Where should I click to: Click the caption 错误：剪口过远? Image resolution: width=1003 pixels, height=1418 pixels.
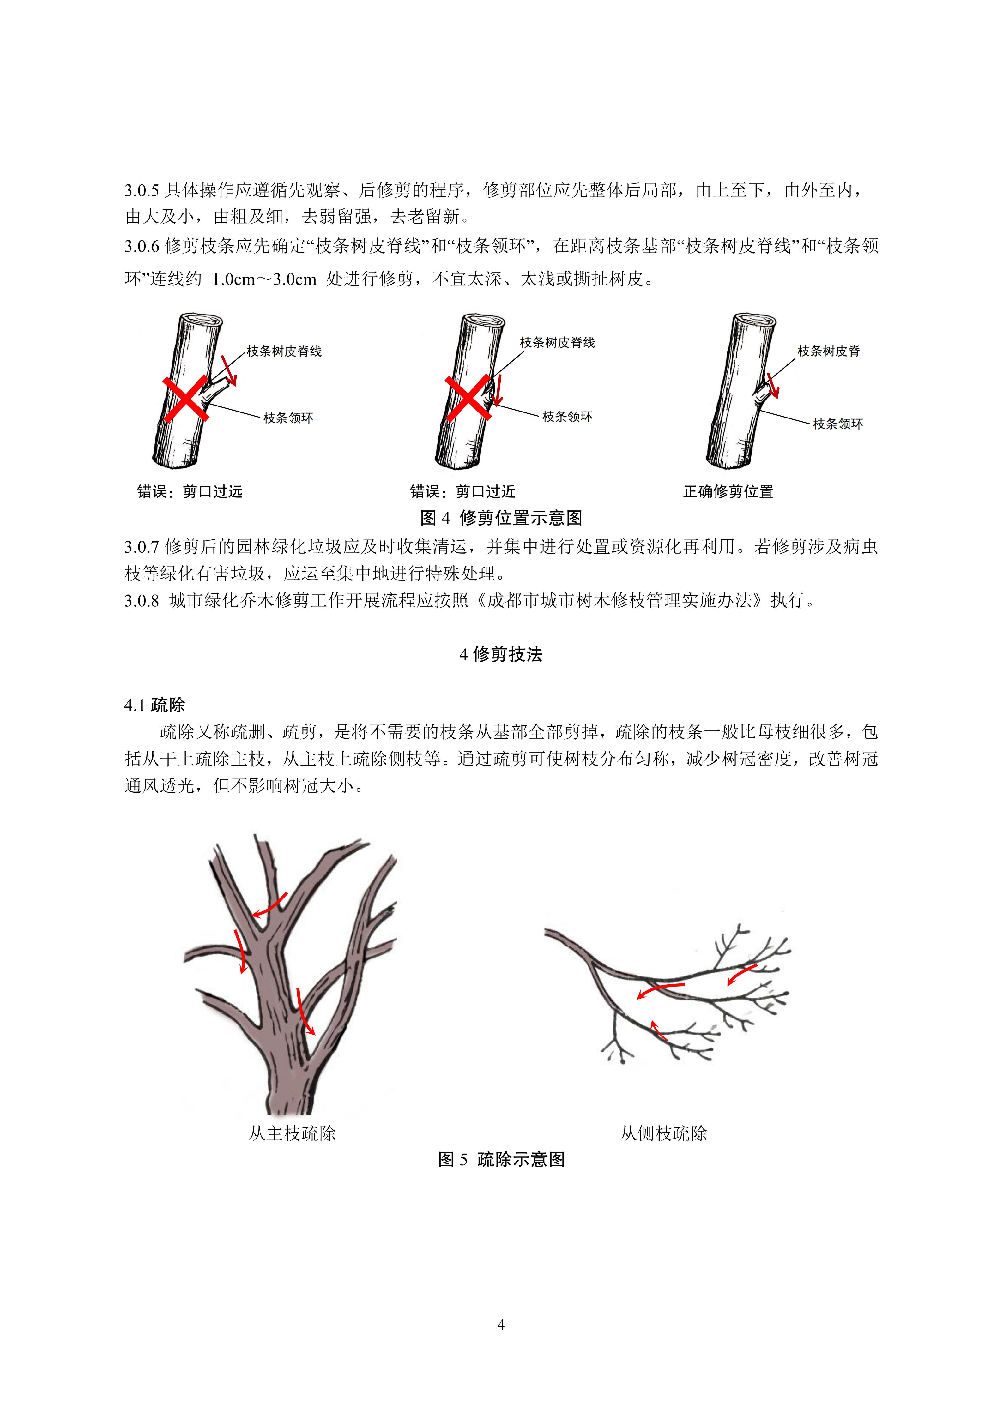coord(190,492)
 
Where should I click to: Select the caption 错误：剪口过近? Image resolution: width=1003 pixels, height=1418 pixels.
coord(462,492)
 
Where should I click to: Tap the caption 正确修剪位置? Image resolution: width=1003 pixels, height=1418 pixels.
coord(728,492)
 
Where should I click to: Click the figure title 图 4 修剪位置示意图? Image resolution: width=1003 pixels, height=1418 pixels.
coord(501,518)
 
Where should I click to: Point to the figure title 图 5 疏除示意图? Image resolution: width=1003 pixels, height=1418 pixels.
coord(501,1159)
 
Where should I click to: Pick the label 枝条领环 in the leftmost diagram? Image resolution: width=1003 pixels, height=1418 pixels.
coord(288,418)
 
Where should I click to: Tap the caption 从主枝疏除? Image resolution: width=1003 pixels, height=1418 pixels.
coord(292,1133)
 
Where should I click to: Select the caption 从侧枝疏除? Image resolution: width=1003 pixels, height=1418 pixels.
coord(663,1133)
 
